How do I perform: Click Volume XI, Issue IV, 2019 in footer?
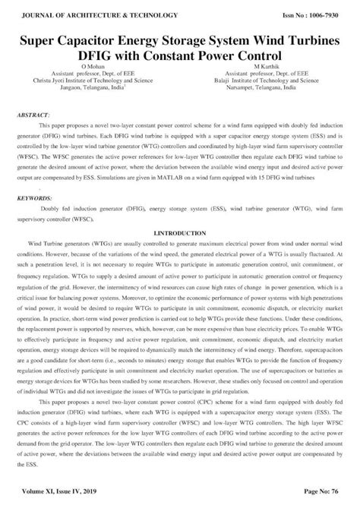click(56, 494)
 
